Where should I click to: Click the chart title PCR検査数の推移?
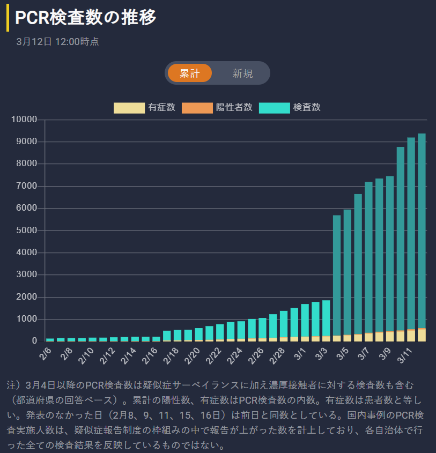pyautogui.click(x=86, y=18)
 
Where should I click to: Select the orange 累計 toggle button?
pyautogui.click(x=190, y=73)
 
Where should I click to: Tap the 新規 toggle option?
pyautogui.click(x=242, y=73)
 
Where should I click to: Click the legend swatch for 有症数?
pyautogui.click(x=129, y=107)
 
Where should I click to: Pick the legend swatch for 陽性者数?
pyautogui.click(x=197, y=107)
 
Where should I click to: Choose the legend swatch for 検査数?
pyautogui.click(x=274, y=107)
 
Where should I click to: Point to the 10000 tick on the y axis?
pyautogui.click(x=24, y=120)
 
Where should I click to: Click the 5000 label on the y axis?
pyautogui.click(x=26, y=231)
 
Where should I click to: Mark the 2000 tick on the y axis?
pyautogui.click(x=26, y=297)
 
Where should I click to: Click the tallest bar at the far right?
pyautogui.click(x=422, y=236)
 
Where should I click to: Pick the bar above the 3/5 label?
pyautogui.click(x=348, y=273)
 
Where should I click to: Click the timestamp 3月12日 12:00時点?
pyautogui.click(x=57, y=42)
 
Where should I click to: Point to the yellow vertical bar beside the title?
pyautogui.click(x=8, y=18)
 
